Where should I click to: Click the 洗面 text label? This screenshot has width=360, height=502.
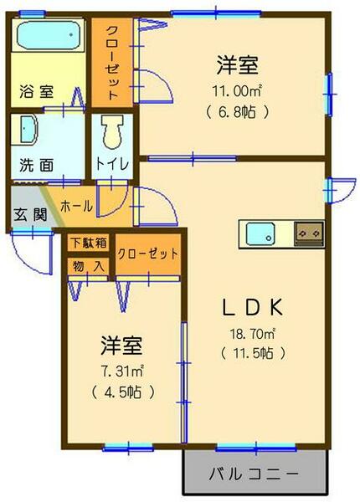tap(36, 164)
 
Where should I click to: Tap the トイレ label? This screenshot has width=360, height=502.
tap(111, 164)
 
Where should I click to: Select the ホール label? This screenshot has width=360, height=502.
tap(76, 204)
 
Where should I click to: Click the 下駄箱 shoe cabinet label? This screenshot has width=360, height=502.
tap(88, 243)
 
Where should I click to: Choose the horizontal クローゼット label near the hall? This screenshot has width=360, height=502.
tap(147, 254)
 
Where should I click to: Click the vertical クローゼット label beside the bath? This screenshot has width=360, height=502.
tap(111, 59)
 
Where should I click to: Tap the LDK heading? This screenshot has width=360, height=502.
tap(252, 307)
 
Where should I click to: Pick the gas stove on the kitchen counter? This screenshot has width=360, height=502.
tap(307, 232)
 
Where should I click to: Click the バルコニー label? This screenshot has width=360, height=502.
tap(253, 474)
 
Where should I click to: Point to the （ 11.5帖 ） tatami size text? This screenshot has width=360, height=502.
tap(253, 352)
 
